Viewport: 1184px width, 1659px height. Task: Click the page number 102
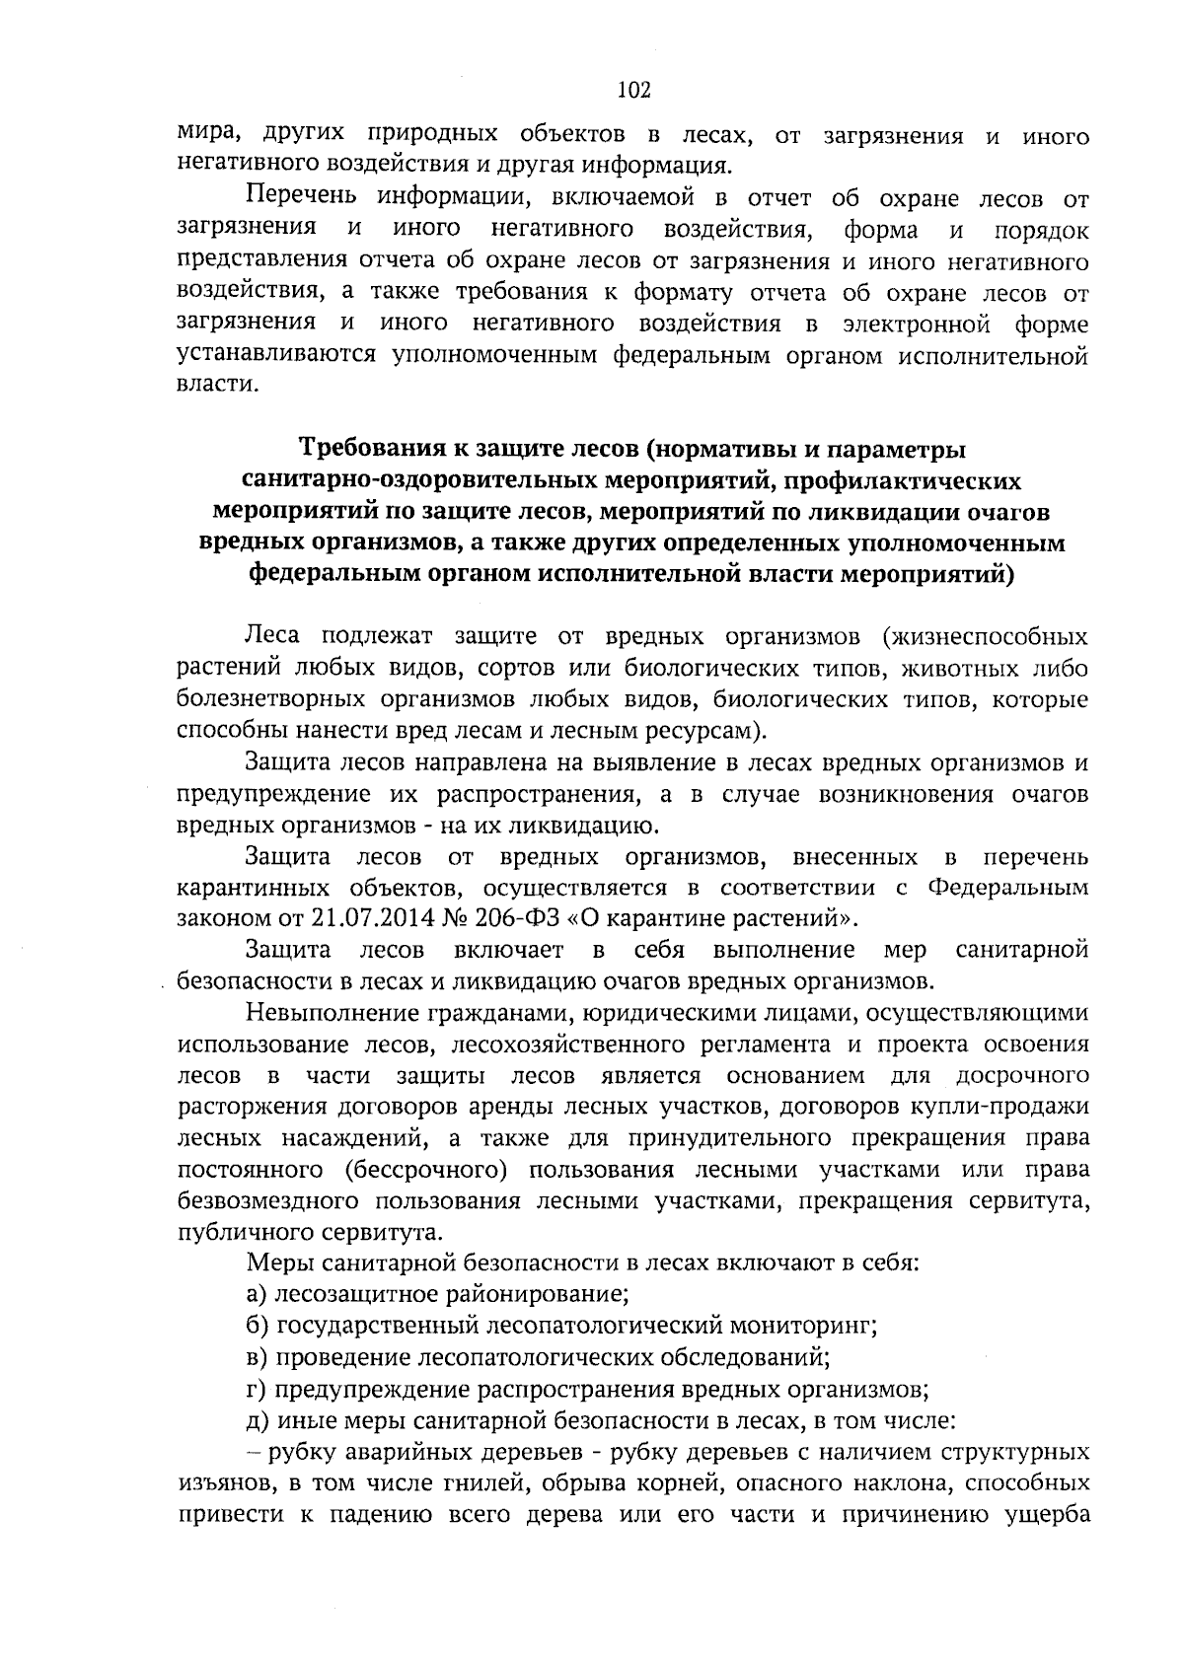pyautogui.click(x=633, y=91)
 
